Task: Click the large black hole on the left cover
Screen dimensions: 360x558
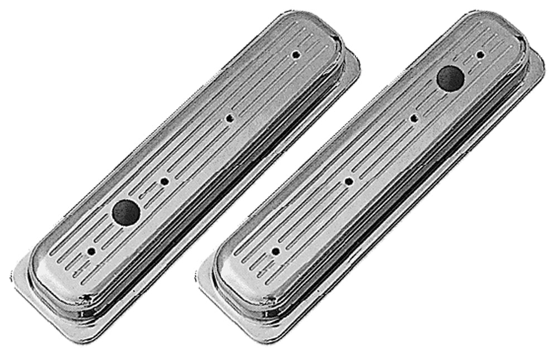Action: tap(126, 211)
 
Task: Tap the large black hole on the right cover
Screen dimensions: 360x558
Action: tap(450, 78)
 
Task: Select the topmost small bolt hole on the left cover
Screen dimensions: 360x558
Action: tap(296, 55)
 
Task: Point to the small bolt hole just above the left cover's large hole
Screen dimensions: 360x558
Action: tap(164, 181)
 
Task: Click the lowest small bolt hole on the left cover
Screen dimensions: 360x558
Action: tap(91, 252)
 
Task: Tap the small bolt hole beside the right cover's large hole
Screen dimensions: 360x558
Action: tap(480, 55)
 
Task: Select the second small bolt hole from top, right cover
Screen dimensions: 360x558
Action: tap(413, 118)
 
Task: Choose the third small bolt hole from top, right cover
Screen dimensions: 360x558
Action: tap(348, 181)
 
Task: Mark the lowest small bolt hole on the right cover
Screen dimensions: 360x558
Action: tap(275, 252)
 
